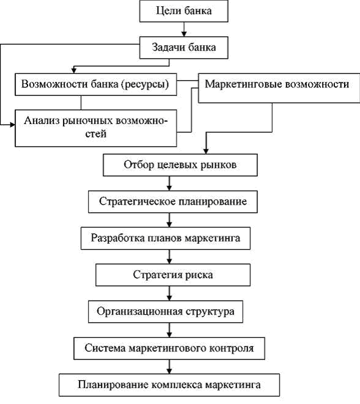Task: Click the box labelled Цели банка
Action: tap(184, 11)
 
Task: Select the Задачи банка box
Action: tap(184, 48)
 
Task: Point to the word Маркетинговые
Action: tap(242, 84)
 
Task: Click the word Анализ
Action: tap(42, 120)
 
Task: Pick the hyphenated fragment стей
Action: tap(96, 134)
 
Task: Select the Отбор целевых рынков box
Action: tap(180, 165)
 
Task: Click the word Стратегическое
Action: tap(136, 202)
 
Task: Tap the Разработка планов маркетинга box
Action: tap(166, 238)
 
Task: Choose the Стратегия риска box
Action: tap(173, 275)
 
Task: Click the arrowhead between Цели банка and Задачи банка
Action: tap(184, 34)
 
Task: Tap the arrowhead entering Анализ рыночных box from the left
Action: tap(13, 125)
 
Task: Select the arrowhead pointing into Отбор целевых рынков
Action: tap(206, 151)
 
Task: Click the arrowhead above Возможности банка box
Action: tap(74, 71)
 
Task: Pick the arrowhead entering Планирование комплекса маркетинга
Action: tap(169, 371)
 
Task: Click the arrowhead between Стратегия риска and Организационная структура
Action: tap(169, 298)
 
